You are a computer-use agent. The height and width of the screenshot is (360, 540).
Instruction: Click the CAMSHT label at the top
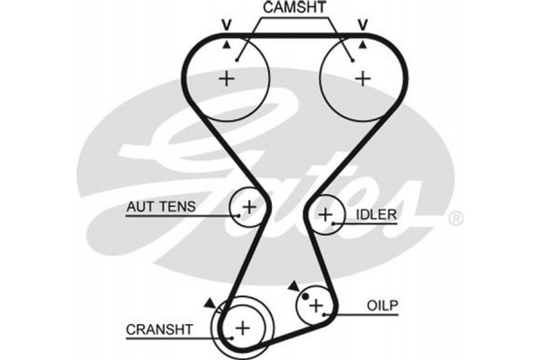pyautogui.click(x=294, y=8)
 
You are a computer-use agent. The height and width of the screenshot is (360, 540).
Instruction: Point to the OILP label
pyautogui.click(x=383, y=304)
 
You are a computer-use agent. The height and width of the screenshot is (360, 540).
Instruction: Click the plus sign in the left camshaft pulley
pyautogui.click(x=225, y=77)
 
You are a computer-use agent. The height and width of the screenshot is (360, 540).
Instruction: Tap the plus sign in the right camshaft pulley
pyautogui.click(x=362, y=77)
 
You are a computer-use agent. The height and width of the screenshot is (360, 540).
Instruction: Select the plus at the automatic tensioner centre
pyautogui.click(x=249, y=207)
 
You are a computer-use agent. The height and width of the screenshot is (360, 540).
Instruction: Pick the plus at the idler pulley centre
pyautogui.click(x=326, y=215)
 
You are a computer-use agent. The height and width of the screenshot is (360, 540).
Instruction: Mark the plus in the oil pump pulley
pyautogui.click(x=316, y=306)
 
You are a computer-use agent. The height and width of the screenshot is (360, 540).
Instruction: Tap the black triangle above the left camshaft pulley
pyautogui.click(x=226, y=41)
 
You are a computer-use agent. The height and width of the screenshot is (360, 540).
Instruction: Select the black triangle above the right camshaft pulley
pyautogui.click(x=362, y=41)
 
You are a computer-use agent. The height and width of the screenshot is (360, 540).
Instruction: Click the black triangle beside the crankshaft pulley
pyautogui.click(x=210, y=303)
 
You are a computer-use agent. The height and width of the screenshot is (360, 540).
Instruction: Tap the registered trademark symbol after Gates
pyautogui.click(x=454, y=218)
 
